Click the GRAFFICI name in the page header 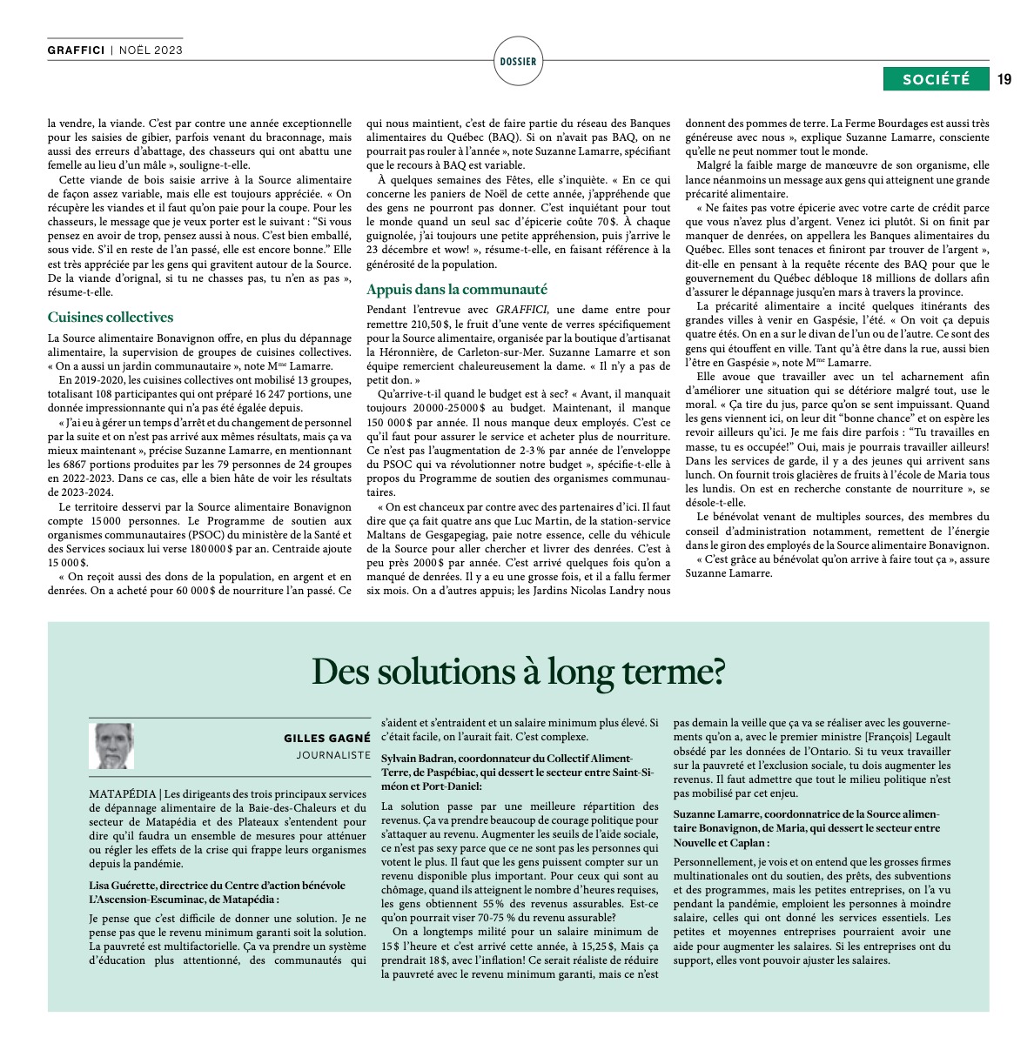(76, 50)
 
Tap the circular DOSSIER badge (519, 61)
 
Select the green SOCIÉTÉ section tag (936, 79)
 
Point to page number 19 (1004, 79)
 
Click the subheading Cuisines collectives (111, 318)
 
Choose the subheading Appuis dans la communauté (457, 290)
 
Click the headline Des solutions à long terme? (518, 672)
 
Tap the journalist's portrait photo (111, 746)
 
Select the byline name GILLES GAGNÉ (326, 739)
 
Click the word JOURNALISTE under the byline (333, 755)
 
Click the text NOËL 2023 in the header (151, 50)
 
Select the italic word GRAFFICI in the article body (521, 309)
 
